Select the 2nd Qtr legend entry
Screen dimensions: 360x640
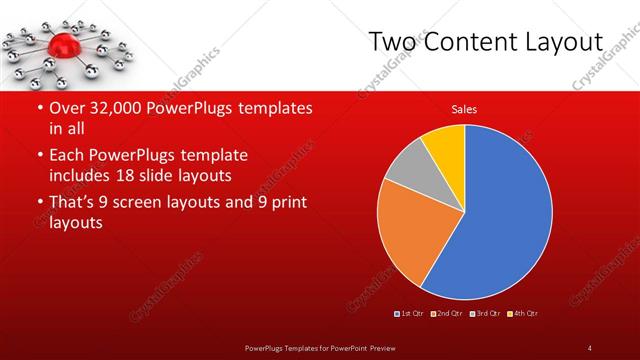[x=446, y=314]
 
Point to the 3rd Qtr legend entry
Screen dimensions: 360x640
[x=485, y=314]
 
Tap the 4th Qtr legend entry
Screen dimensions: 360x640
[x=523, y=314]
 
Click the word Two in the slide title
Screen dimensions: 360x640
[x=390, y=41]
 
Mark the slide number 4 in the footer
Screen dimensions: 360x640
[x=589, y=347]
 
